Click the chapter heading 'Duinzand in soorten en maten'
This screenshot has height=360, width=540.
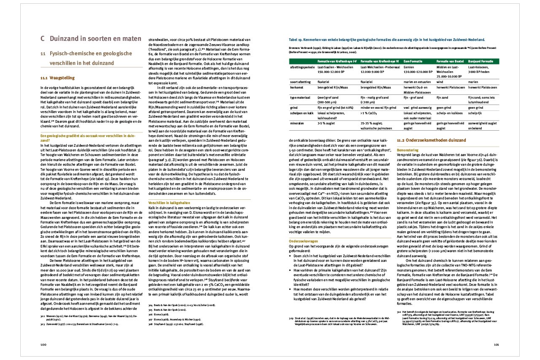[x=95, y=39]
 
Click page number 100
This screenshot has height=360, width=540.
[x=43, y=344]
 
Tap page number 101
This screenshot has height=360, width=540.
[x=497, y=344]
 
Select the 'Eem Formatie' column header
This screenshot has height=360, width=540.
[x=413, y=62]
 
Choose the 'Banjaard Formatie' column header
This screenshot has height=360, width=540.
[x=483, y=62]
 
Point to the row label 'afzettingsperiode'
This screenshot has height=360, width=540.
[x=302, y=67]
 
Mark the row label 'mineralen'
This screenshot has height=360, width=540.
[x=297, y=124]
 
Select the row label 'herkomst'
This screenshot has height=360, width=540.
[x=297, y=87]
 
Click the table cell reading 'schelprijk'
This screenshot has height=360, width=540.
[x=475, y=113]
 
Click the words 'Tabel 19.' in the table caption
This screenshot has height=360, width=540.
[x=295, y=39]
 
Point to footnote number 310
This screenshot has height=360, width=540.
[x=399, y=312]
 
